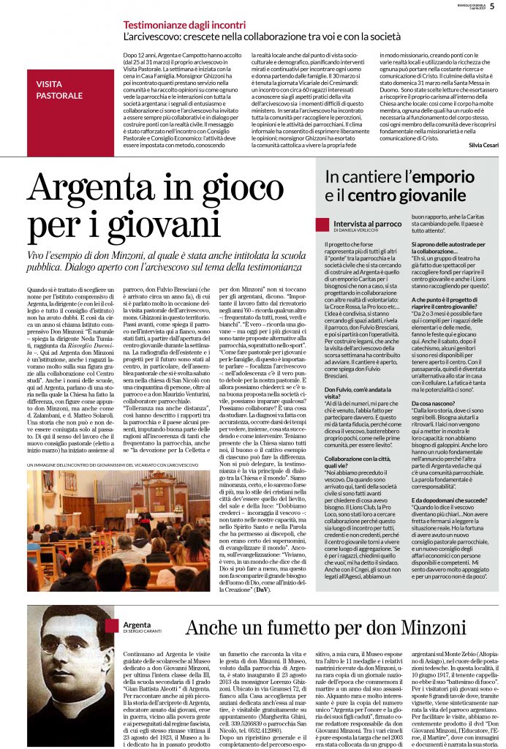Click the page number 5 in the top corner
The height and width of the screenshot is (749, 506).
click(x=491, y=7)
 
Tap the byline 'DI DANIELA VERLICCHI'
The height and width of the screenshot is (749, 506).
click(x=355, y=230)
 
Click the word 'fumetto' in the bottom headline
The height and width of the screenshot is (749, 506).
click(x=282, y=628)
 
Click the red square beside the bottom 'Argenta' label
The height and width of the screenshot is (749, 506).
click(x=110, y=625)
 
